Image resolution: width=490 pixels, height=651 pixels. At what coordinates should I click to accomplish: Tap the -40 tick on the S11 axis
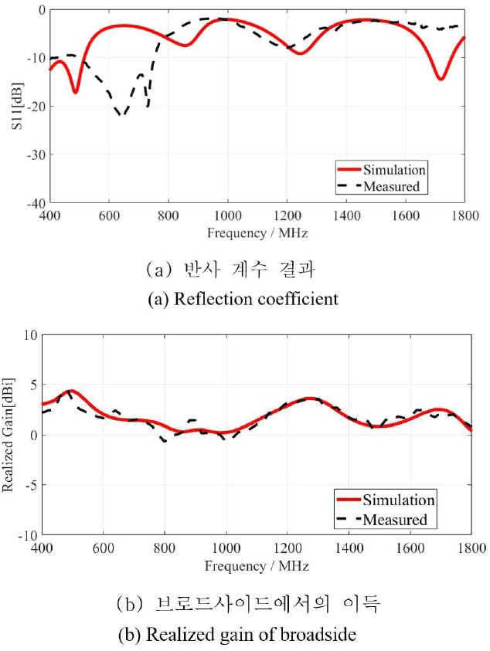(35, 203)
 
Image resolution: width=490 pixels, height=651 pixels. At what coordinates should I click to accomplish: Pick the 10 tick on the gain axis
(31, 335)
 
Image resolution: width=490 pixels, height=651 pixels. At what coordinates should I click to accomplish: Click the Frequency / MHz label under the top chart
(257, 232)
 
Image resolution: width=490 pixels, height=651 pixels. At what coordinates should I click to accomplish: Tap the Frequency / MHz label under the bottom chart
(257, 565)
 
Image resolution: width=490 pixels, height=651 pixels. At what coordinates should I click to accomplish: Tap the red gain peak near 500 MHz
(70, 391)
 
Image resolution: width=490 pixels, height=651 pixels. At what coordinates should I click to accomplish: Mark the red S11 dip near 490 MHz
(75, 93)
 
